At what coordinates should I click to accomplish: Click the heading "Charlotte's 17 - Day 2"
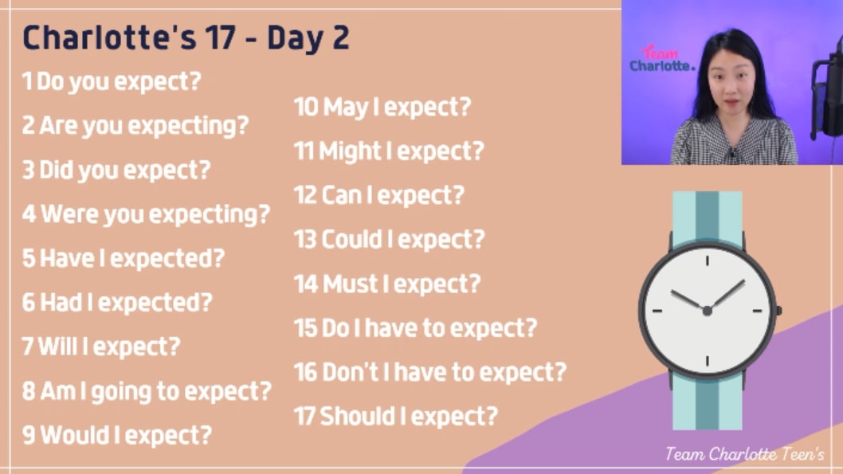click(x=186, y=38)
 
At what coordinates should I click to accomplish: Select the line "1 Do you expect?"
click(x=112, y=82)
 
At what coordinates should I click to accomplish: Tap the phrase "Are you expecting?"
click(x=144, y=126)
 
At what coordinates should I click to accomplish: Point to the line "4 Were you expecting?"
click(x=146, y=214)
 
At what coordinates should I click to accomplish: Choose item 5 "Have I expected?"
click(x=132, y=258)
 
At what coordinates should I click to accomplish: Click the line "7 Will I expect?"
click(x=101, y=347)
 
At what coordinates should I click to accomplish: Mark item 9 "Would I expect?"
click(x=127, y=435)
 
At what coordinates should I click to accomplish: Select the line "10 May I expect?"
click(x=382, y=107)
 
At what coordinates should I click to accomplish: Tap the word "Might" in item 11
click(x=350, y=151)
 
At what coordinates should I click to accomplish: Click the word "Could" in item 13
click(x=351, y=239)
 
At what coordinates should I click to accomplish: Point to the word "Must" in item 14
click(x=351, y=284)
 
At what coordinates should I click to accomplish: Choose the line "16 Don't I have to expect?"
click(x=430, y=372)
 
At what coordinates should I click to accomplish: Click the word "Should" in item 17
click(x=358, y=416)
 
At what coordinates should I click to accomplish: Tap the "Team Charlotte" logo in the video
click(x=662, y=59)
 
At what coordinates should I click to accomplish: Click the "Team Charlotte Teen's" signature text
click(x=745, y=454)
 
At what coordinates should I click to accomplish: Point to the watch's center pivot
click(x=707, y=311)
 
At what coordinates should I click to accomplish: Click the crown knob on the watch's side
click(x=778, y=311)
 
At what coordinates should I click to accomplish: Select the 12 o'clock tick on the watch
click(x=707, y=261)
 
